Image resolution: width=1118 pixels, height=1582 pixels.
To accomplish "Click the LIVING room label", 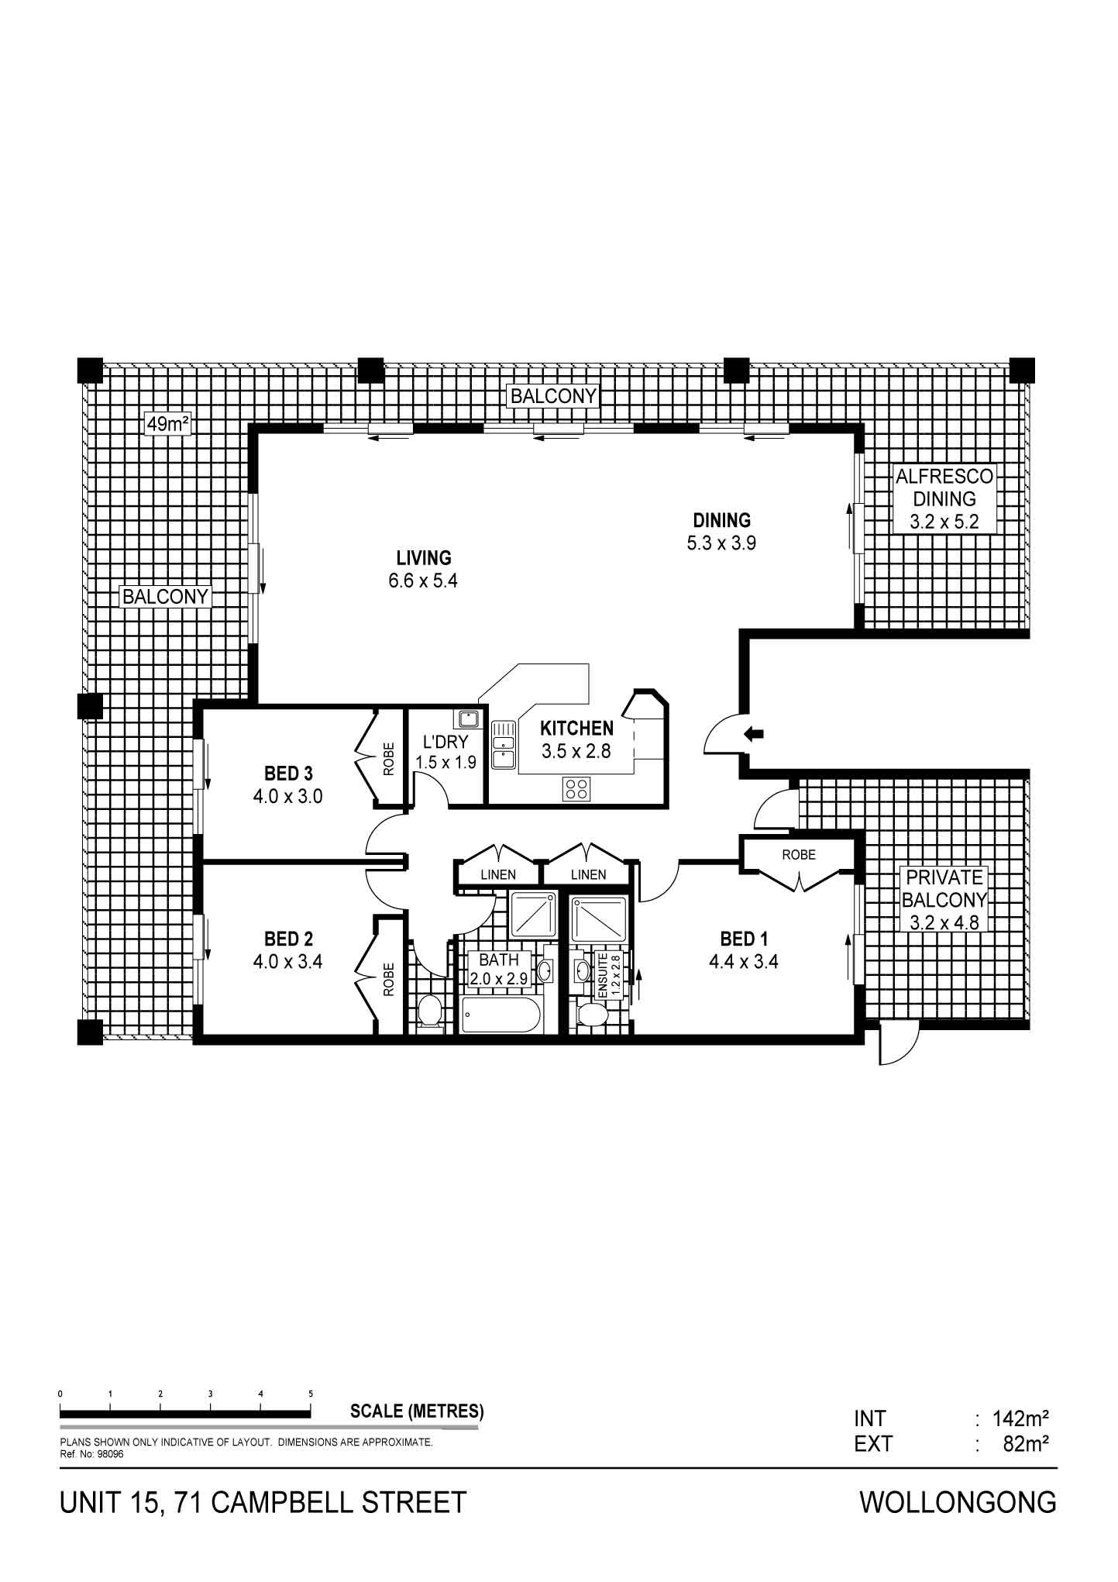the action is pos(423,557).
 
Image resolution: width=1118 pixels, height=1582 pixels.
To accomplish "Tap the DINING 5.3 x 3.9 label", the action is pos(721,531).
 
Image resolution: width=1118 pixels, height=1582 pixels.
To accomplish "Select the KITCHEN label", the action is pos(576,729).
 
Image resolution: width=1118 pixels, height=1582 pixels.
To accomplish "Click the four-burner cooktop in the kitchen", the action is pos(576,789).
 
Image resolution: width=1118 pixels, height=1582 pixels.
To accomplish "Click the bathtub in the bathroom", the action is pos(498,1015).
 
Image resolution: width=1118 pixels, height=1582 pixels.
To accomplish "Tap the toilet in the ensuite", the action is pos(593,1015).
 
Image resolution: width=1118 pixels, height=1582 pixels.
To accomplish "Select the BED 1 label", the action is pos(744,939).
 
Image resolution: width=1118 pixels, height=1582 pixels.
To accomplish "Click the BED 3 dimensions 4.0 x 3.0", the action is pos(287,796).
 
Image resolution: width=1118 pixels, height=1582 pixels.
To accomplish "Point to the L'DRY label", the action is pos(445,742).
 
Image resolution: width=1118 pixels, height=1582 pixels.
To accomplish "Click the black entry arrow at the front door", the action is pos(753,733).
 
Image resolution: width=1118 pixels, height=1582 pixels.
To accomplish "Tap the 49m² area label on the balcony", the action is pos(169,424).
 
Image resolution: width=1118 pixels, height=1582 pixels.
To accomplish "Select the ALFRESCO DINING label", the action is pos(944,488).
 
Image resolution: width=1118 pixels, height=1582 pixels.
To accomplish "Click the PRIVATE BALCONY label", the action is pos(944,889).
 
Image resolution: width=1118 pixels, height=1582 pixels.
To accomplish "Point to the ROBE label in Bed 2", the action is pos(389,979).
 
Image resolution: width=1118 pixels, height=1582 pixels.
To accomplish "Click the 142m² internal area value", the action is pos(1021,1419).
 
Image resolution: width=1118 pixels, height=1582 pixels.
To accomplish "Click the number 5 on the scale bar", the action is pos(311,1394).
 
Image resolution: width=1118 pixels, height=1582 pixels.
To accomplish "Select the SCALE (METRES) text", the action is pos(417,1411).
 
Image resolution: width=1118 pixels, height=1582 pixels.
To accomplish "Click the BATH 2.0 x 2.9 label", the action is pos(499,969).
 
